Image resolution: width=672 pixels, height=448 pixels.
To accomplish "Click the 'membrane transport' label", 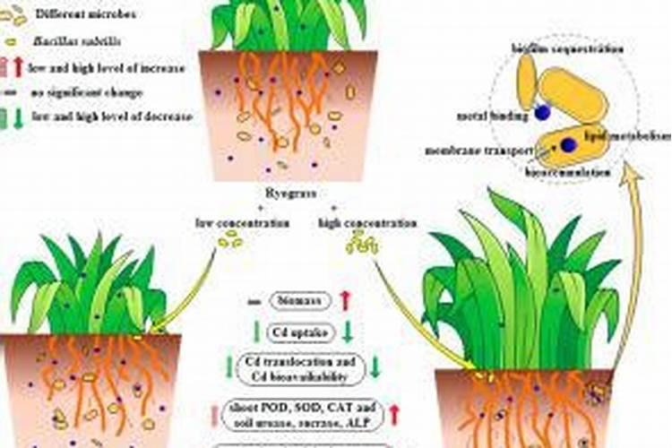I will tap(469, 151).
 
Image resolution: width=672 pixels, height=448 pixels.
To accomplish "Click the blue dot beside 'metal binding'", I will tap(542, 113).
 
